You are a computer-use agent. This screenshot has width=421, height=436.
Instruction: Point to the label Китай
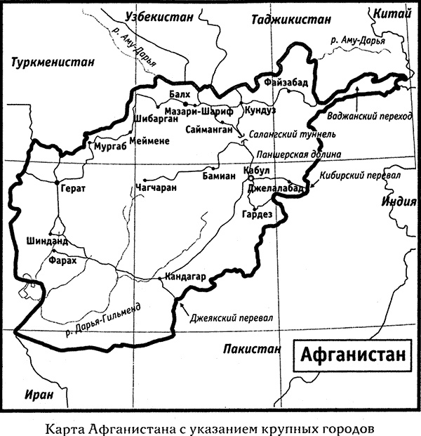[x=392, y=12]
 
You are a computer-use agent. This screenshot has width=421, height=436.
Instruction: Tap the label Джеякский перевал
[x=232, y=317]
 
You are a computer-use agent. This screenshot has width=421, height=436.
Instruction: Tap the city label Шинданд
[x=47, y=240]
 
